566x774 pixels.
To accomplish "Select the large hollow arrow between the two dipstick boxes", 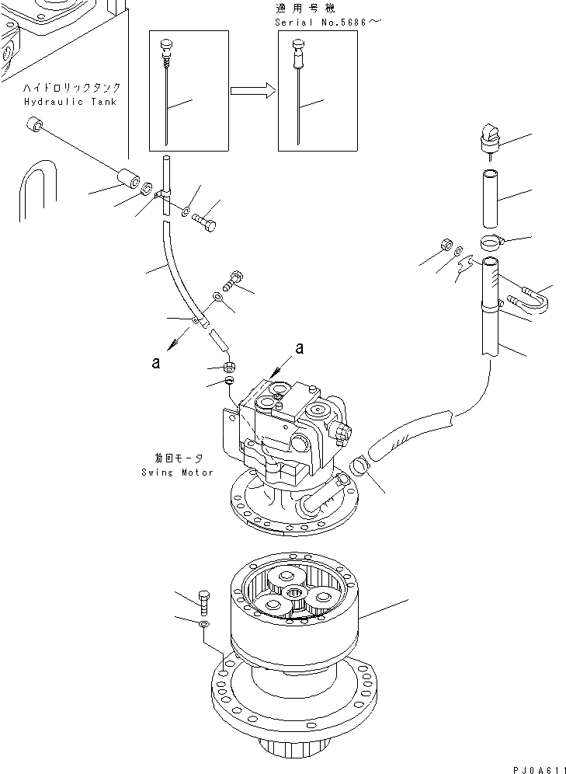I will pyautogui.click(x=253, y=91).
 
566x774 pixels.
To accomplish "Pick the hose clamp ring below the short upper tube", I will pyautogui.click(x=491, y=242).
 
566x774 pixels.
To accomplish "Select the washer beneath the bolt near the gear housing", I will pyautogui.click(x=203, y=624).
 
